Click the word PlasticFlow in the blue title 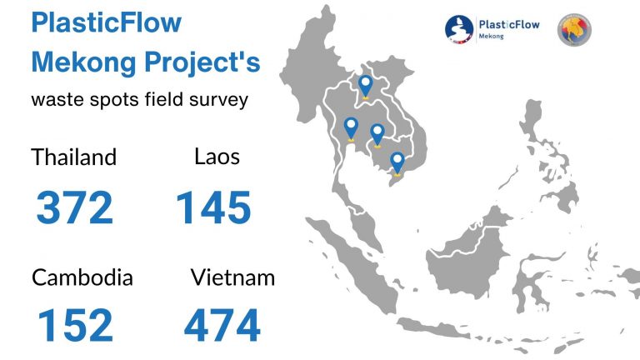pyautogui.click(x=107, y=23)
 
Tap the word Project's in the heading pyautogui.click(x=202, y=63)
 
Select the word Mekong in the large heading pyautogui.click(x=83, y=62)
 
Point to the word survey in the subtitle pyautogui.click(x=219, y=100)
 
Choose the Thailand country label pyautogui.click(x=74, y=157)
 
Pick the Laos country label pyautogui.click(x=217, y=157)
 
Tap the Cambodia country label pyautogui.click(x=82, y=277)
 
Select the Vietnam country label pyautogui.click(x=232, y=277)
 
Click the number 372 pyautogui.click(x=74, y=207)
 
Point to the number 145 pyautogui.click(x=213, y=207)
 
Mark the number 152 pyautogui.click(x=75, y=325)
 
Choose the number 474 pyautogui.click(x=222, y=325)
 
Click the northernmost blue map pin pyautogui.click(x=365, y=86)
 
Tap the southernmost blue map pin pyautogui.click(x=397, y=163)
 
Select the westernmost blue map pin pyautogui.click(x=351, y=128)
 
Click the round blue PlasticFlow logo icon pyautogui.click(x=459, y=29)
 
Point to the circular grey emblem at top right pyautogui.click(x=574, y=29)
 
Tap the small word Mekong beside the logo pyautogui.click(x=491, y=37)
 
